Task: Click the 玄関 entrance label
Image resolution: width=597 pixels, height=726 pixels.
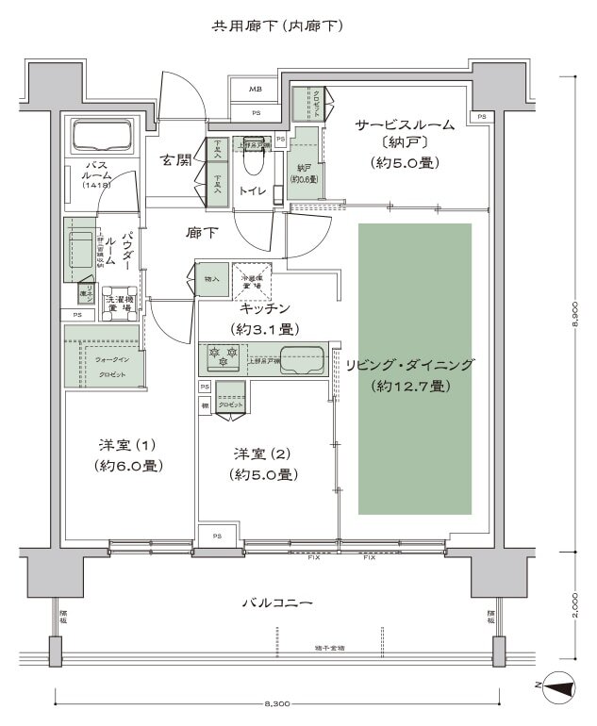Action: click(x=176, y=159)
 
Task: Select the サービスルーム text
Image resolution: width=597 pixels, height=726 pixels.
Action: click(x=405, y=124)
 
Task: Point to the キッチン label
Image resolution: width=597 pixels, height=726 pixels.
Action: click(x=265, y=308)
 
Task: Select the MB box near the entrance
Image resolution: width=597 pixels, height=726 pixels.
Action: click(x=255, y=90)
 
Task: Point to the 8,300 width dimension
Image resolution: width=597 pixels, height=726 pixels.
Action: click(x=277, y=704)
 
